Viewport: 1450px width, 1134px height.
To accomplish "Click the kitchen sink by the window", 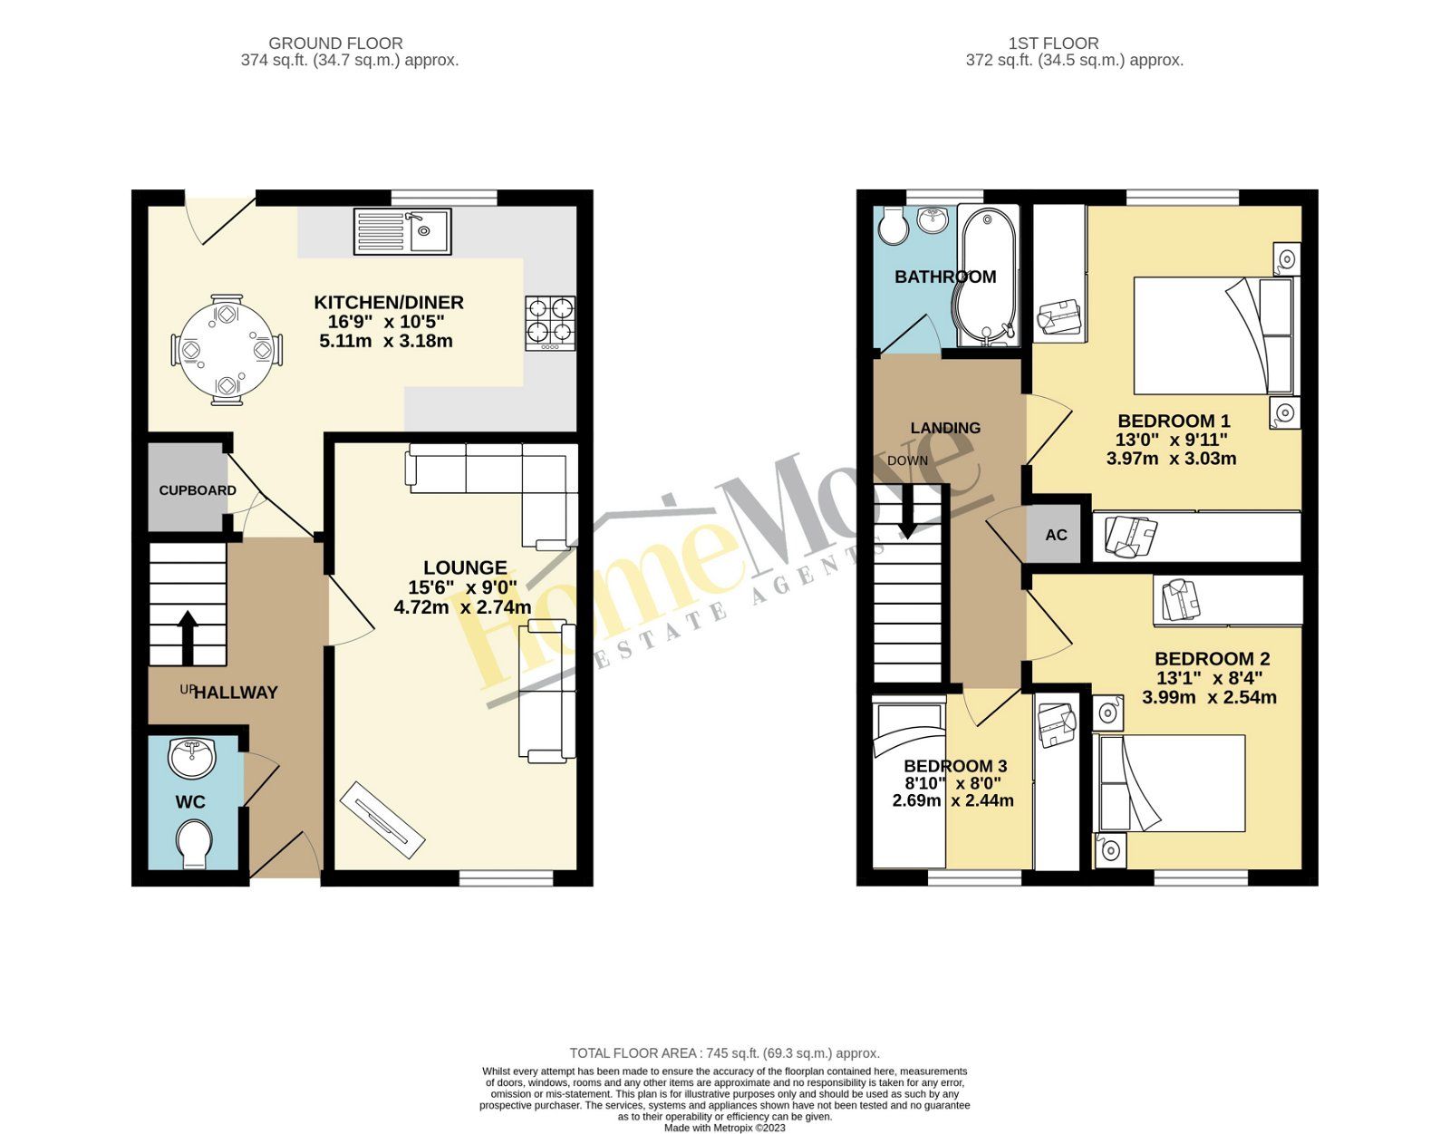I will (x=401, y=231).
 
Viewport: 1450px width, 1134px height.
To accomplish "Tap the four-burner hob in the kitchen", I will (x=550, y=324).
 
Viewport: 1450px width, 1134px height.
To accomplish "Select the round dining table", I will (x=227, y=349).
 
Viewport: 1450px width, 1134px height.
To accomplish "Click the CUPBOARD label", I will (x=198, y=490).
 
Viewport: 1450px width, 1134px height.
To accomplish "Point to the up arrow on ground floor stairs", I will (x=188, y=637).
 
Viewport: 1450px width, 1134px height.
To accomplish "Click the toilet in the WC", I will (x=193, y=845).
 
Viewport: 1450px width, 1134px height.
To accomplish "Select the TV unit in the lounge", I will (x=382, y=819).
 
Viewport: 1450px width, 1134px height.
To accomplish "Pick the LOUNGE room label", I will (x=465, y=568).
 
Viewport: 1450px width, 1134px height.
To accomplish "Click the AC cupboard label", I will (x=1056, y=535).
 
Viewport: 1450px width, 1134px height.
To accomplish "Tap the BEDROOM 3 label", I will (x=954, y=766).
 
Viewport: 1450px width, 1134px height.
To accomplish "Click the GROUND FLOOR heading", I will (x=335, y=44).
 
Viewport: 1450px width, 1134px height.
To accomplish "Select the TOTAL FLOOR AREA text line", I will (x=724, y=1053).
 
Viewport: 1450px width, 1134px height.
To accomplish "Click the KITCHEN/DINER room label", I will (x=389, y=303).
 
